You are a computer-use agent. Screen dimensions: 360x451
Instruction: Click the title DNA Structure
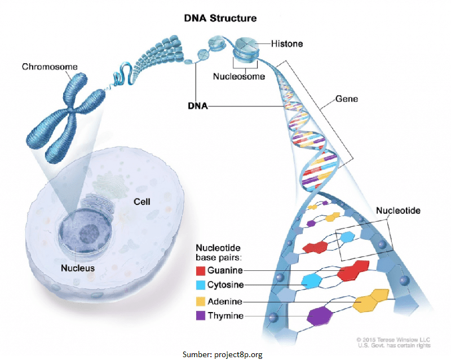tap(220, 18)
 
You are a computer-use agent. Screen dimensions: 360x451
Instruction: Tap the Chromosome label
tap(50, 67)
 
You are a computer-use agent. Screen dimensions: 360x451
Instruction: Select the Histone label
tap(288, 43)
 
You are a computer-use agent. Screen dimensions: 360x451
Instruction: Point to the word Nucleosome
tap(238, 77)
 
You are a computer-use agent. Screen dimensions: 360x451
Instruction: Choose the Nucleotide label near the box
tap(398, 210)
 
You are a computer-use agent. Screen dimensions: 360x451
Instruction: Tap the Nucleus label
tap(78, 268)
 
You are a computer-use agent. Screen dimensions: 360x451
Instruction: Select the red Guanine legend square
tap(201, 271)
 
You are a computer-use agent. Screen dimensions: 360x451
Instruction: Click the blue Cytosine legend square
tap(201, 286)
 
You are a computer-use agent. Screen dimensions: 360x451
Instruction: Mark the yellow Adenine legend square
tap(201, 301)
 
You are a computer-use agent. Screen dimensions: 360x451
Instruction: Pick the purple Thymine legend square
tap(201, 316)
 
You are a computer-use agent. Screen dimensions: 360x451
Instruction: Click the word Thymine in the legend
tap(225, 316)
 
